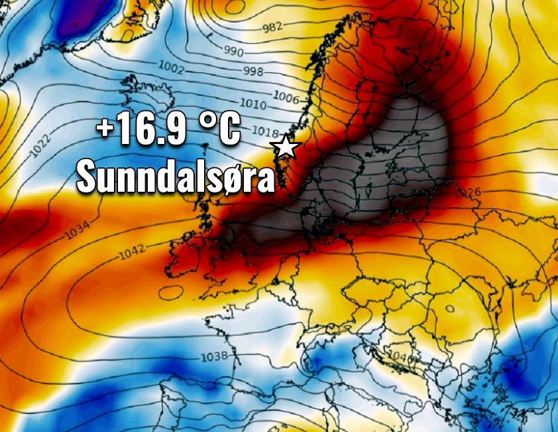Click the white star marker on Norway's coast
coord(286,146)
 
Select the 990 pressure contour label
coord(233,52)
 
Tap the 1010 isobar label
coord(253,105)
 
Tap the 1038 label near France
coord(214,356)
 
